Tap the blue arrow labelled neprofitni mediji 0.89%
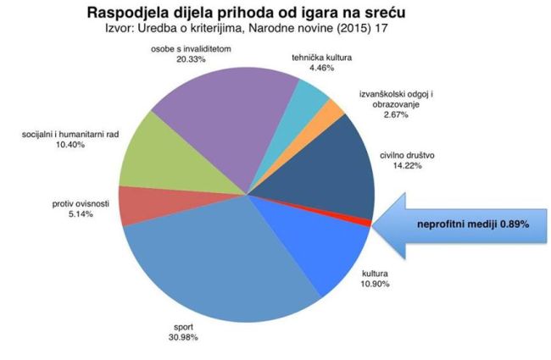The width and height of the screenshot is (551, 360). pos(462,224)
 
